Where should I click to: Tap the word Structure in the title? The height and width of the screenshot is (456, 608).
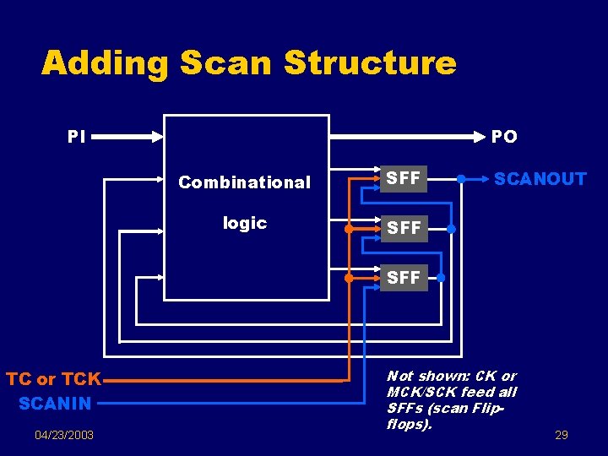(x=370, y=62)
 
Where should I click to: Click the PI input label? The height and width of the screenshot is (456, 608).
(x=76, y=136)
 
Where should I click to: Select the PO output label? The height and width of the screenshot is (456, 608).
(x=504, y=136)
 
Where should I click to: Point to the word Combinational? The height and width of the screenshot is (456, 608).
(x=244, y=182)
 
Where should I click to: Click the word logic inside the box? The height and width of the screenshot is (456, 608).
(x=244, y=223)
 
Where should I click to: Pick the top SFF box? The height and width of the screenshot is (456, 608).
(x=403, y=178)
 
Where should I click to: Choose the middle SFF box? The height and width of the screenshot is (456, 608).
(x=403, y=228)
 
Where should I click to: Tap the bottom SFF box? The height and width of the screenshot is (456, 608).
(x=403, y=277)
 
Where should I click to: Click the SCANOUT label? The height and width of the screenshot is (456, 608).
(x=540, y=179)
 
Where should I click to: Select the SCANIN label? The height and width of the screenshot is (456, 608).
(x=55, y=404)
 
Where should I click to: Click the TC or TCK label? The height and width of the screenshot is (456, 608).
(x=53, y=379)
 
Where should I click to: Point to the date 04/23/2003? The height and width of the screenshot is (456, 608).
(x=64, y=435)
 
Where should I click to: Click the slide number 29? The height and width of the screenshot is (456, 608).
(x=562, y=435)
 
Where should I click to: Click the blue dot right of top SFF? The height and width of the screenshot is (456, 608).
(x=461, y=179)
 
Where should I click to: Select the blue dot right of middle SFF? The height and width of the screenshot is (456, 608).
(x=451, y=228)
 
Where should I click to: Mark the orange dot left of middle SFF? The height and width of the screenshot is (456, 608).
(x=349, y=228)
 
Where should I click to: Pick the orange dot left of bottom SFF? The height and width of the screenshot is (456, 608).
(x=349, y=277)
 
